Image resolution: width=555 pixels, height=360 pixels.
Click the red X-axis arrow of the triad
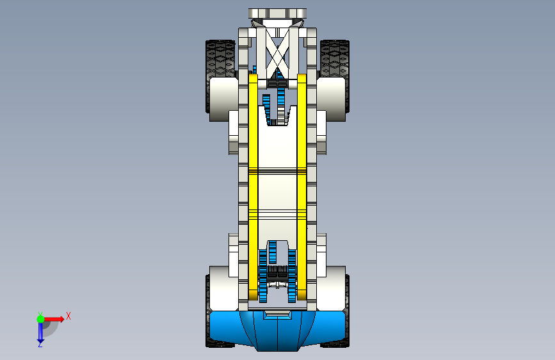click(x=54, y=319)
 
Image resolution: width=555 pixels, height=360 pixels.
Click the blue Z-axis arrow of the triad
click(x=40, y=332)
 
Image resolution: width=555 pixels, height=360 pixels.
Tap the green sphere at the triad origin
click(x=40, y=319)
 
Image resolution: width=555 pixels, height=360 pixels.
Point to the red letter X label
click(x=68, y=316)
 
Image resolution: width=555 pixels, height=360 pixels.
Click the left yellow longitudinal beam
click(x=253, y=186)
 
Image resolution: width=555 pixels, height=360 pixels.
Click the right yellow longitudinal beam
click(x=302, y=186)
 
